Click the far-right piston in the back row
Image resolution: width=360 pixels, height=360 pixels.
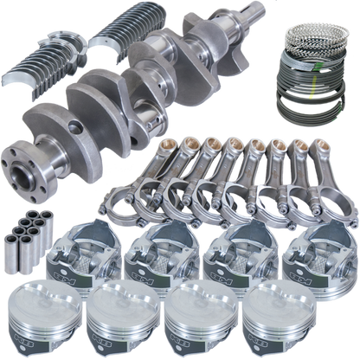tap(325, 254)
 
